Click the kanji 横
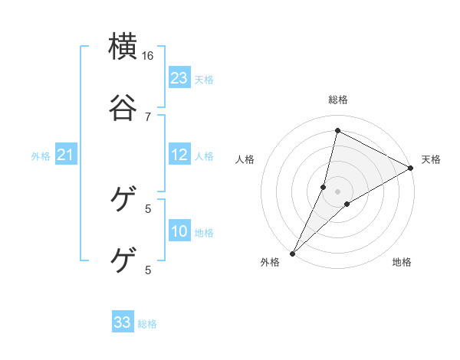[123, 47]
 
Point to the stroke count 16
[148, 56]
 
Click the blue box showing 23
[179, 78]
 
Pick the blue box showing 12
[179, 155]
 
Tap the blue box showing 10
[179, 232]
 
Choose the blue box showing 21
[65, 155]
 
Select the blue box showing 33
[123, 322]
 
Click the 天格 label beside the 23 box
[204, 79]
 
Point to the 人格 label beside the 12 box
[204, 155]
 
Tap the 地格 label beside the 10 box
[204, 233]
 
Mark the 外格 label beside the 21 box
[41, 156]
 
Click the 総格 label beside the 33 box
[148, 324]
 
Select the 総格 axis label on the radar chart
[338, 100]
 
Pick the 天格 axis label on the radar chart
[431, 159]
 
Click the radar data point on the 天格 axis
[411, 169]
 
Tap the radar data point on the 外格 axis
[292, 254]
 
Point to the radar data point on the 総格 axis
[337, 131]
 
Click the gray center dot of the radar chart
[337, 191]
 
